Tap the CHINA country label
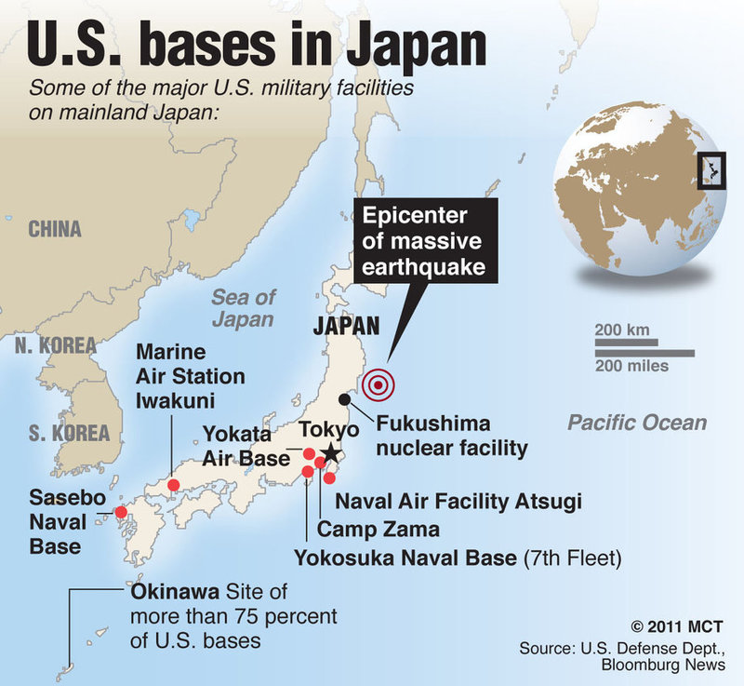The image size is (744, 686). [54, 229]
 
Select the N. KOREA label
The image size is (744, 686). [56, 345]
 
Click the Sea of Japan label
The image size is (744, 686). [243, 308]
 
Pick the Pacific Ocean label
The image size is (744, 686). [637, 423]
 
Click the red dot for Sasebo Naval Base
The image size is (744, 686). [120, 511]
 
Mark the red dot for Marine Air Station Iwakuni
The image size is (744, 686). [173, 485]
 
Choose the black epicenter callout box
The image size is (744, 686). [424, 242]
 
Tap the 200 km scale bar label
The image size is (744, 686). [621, 330]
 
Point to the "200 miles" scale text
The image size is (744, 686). [632, 367]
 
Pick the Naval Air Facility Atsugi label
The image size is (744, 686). [458, 503]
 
